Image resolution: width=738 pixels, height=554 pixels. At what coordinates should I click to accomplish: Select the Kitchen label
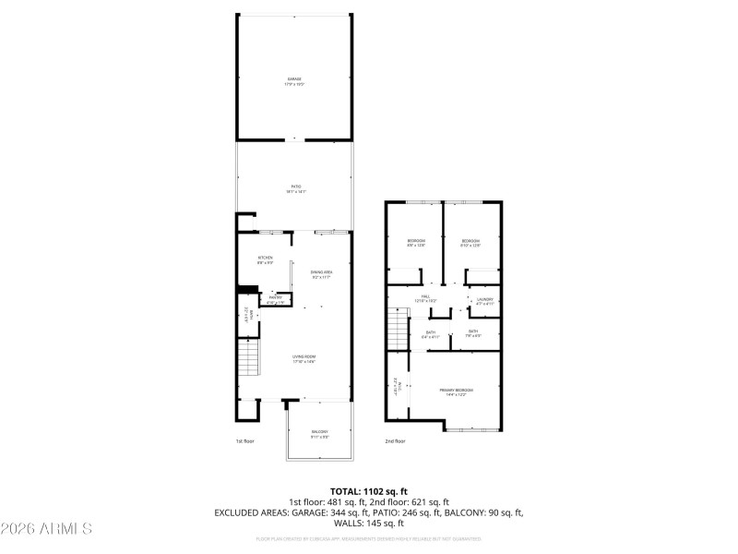click(266, 259)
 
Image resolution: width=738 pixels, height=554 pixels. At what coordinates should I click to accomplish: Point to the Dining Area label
click(321, 273)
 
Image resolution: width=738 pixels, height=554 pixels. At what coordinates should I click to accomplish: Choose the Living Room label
click(304, 357)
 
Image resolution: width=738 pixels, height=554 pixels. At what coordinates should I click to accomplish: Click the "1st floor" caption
click(244, 441)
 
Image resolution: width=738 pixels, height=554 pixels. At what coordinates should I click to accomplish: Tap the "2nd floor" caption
click(396, 441)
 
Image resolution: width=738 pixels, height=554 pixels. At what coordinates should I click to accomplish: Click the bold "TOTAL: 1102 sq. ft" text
click(369, 490)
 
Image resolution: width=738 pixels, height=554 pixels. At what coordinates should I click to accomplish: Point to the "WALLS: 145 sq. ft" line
click(369, 523)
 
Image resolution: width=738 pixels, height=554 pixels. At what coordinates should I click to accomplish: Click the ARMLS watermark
click(46, 529)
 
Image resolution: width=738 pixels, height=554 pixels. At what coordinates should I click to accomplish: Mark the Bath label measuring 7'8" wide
click(473, 333)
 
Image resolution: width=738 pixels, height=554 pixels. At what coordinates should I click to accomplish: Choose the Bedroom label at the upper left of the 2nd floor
click(416, 243)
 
